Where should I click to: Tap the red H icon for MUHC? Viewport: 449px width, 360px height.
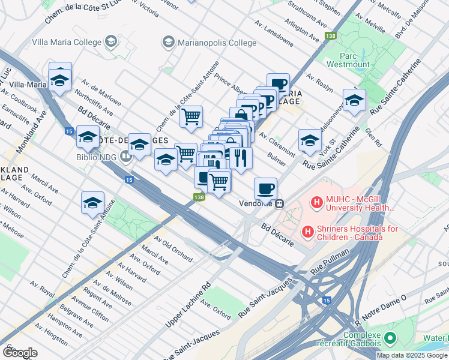coord(316,203)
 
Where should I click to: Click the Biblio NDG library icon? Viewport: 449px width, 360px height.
coord(125,158)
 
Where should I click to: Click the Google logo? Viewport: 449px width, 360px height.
coord(20,353)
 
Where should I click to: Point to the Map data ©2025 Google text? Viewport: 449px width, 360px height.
coord(412,355)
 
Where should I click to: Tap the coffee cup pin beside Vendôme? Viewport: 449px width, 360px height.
coord(265,189)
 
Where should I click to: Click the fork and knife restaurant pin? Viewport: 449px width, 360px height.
coord(241,158)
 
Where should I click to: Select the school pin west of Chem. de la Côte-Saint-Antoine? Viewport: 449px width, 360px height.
coord(93,203)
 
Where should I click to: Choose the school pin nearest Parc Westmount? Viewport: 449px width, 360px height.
coord(354,100)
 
